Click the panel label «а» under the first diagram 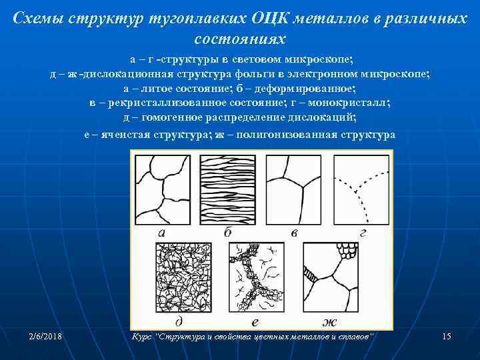pyautogui.click(x=162, y=233)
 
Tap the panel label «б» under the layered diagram pyautogui.click(x=228, y=233)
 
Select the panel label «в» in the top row pyautogui.click(x=294, y=233)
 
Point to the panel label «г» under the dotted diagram pyautogui.click(x=362, y=233)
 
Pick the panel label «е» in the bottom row pyautogui.click(x=256, y=322)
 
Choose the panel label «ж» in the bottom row pyautogui.click(x=329, y=323)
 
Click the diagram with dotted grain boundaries pyautogui.click(x=360, y=189)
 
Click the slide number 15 pyautogui.click(x=447, y=337)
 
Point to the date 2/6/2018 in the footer pyautogui.click(x=45, y=337)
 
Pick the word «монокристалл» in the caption pyautogui.click(x=353, y=103)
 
